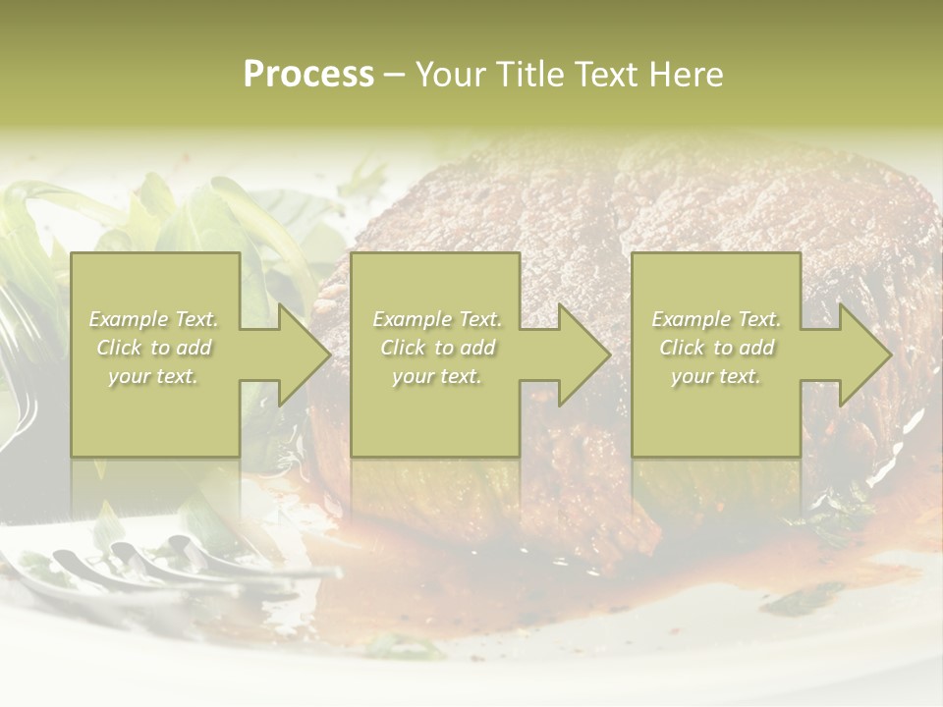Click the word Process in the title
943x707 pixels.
point(308,75)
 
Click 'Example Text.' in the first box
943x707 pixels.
point(154,319)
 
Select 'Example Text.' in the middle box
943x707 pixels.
point(437,319)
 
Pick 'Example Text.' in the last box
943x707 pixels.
point(716,319)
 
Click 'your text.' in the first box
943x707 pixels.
point(154,376)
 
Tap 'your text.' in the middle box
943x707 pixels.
point(437,376)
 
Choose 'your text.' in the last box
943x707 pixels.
point(716,376)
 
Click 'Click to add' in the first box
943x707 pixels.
point(154,348)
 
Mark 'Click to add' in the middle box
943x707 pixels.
point(437,348)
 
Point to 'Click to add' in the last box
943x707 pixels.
point(716,348)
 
